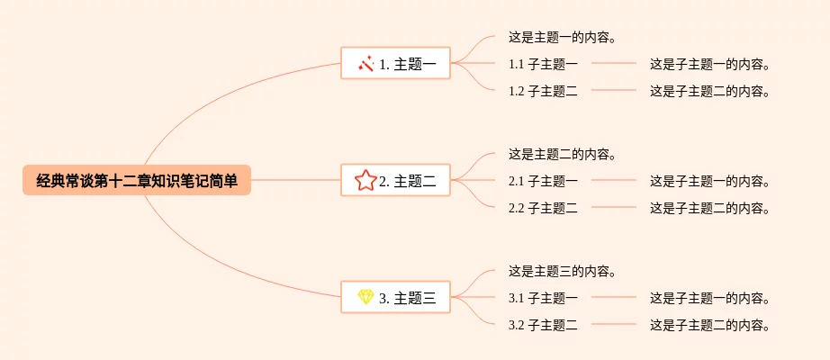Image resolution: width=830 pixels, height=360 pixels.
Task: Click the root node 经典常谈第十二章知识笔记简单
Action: (x=137, y=180)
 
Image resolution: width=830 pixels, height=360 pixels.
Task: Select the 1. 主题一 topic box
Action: (x=395, y=63)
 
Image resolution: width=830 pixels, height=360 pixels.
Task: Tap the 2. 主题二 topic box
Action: (x=395, y=180)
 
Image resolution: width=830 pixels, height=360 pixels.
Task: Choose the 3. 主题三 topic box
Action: (x=395, y=297)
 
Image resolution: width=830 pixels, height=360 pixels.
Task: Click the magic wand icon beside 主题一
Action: (x=365, y=64)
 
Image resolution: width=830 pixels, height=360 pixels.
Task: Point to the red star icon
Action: (x=365, y=181)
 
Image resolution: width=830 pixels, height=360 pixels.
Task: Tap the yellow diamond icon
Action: (x=365, y=297)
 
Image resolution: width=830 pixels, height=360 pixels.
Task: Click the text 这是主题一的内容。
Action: (x=564, y=38)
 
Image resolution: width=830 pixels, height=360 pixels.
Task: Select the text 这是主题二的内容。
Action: (x=564, y=155)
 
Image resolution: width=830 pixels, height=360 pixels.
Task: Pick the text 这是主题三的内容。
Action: (x=564, y=272)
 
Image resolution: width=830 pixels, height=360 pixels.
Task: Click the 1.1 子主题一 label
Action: (x=543, y=64)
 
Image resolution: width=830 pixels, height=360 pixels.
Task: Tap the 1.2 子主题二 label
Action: (x=543, y=91)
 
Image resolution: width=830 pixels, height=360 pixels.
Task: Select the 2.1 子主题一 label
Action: (x=543, y=181)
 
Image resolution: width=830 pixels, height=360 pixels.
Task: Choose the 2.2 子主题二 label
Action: (x=543, y=208)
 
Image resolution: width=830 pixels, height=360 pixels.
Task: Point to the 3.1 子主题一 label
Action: (x=543, y=298)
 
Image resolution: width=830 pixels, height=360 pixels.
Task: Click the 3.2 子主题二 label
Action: (x=543, y=325)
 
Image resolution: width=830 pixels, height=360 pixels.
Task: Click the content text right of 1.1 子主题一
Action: (x=709, y=64)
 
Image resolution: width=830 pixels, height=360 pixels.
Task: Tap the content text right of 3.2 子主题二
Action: (x=709, y=325)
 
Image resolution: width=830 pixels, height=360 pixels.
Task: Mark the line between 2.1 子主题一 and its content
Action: (x=614, y=180)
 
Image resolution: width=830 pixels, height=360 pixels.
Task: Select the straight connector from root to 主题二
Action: (x=295, y=180)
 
